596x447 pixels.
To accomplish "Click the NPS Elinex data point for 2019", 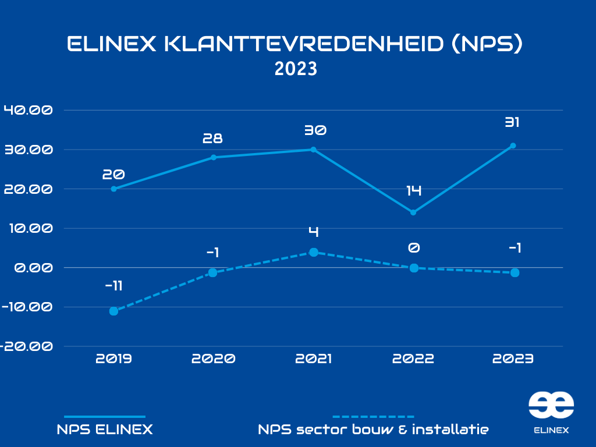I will [113, 189].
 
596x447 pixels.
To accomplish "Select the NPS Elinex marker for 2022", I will [413, 212].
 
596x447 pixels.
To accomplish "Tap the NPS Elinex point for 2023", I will [513, 146].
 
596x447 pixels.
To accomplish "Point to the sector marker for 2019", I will [113, 311].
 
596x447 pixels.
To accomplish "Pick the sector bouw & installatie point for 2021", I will [313, 252].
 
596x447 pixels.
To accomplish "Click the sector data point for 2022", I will [414, 268].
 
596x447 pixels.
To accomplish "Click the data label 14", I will [414, 190].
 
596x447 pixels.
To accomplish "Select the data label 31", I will [513, 123].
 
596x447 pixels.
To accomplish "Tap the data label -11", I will [113, 286].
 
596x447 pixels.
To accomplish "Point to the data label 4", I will [313, 232].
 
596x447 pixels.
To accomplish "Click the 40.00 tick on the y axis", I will [28, 110].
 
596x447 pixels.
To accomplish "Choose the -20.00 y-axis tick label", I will [26, 346].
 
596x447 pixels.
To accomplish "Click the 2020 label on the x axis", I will [213, 359].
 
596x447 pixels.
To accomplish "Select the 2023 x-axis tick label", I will [513, 359].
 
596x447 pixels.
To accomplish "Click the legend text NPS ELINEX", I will [105, 430].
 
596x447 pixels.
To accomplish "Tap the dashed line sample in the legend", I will [373, 417].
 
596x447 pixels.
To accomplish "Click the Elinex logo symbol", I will [551, 405].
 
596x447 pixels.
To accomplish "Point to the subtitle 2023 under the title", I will [296, 69].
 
